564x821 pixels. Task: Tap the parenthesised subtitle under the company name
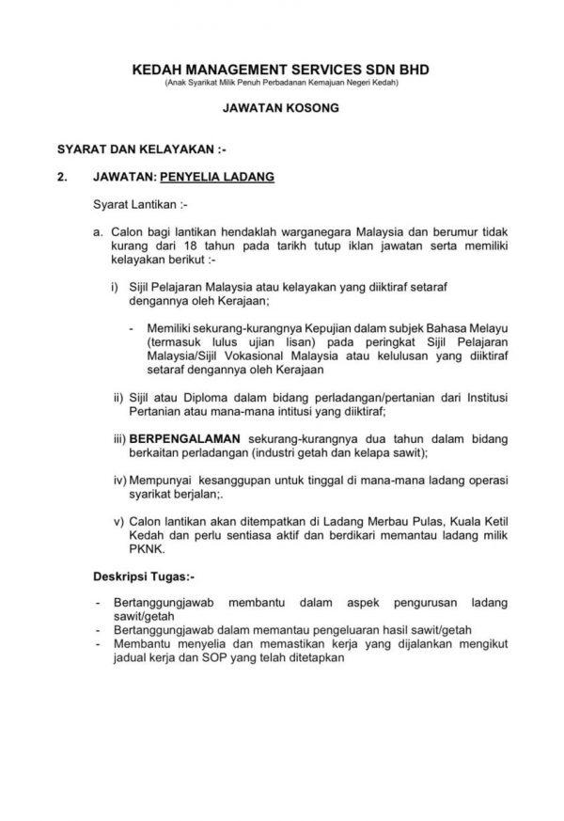point(281,85)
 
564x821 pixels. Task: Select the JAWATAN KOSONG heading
point(281,109)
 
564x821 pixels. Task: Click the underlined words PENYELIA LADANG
point(217,175)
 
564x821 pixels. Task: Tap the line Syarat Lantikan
point(133,201)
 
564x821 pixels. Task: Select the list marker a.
point(98,229)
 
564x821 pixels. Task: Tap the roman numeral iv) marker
point(119,481)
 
